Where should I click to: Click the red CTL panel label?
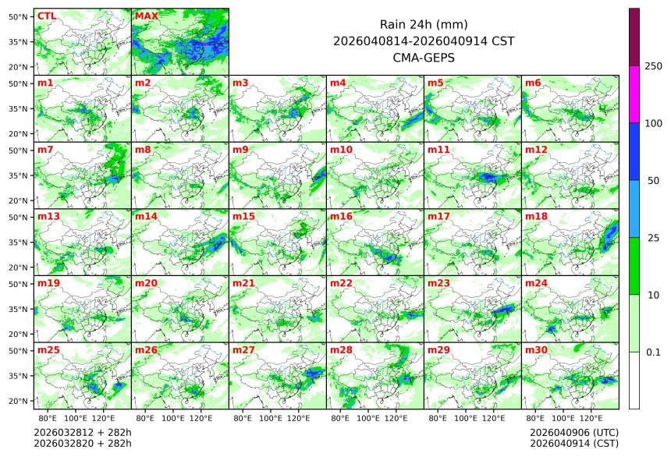[x=46, y=16]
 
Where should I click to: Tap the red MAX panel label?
[x=146, y=16]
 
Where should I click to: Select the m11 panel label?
[x=438, y=149]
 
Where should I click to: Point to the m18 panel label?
[x=536, y=216]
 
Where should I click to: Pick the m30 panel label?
[x=536, y=350]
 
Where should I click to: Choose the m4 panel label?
[x=338, y=83]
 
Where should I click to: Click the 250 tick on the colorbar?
[x=653, y=66]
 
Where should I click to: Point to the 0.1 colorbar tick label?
[x=653, y=352]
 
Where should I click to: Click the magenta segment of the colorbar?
[x=634, y=94]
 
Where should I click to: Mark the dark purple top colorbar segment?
[x=634, y=37]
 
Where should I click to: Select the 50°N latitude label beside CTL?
[x=19, y=16]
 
